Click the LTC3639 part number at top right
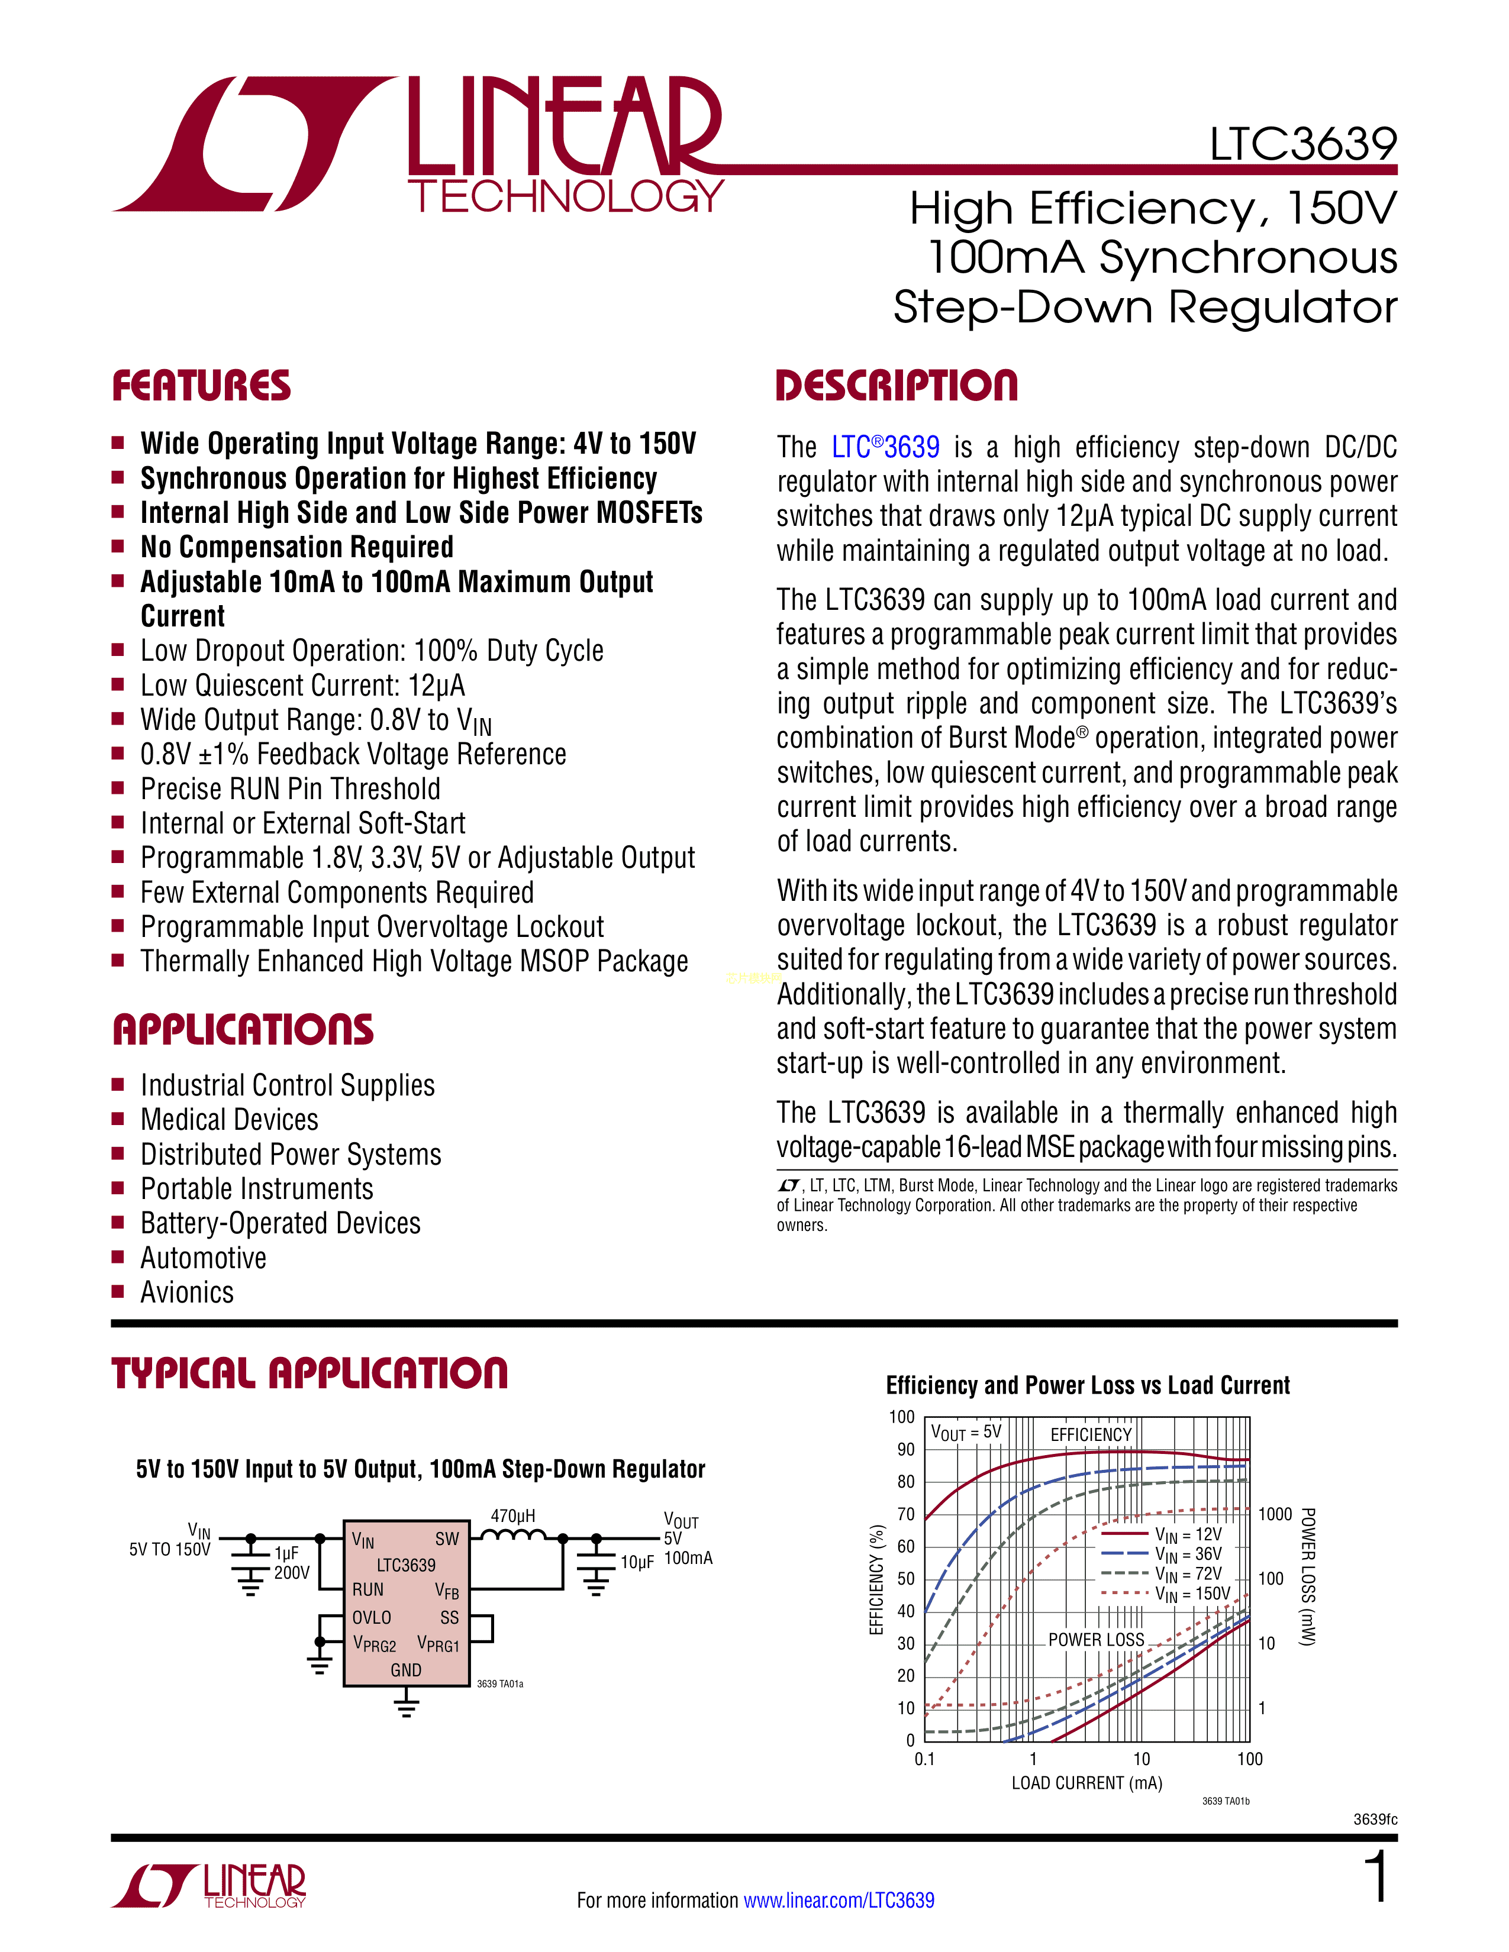point(1304,144)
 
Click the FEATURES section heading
point(201,386)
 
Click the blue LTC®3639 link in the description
point(886,446)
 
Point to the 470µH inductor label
point(512,1516)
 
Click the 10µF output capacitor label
point(637,1562)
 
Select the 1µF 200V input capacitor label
point(291,1562)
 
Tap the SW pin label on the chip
point(447,1538)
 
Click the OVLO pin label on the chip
point(372,1617)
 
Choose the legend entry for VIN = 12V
point(1162,1534)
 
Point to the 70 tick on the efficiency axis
point(905,1514)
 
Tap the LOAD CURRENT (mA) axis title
point(1087,1783)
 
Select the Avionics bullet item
point(187,1292)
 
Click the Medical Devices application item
point(229,1120)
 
